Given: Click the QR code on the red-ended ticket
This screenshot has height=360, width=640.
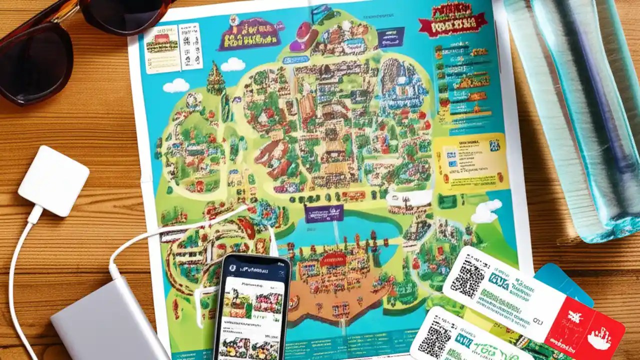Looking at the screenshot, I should (x=468, y=276).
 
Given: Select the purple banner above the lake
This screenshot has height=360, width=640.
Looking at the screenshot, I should (x=323, y=213).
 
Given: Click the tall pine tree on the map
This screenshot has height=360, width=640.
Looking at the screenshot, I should (x=216, y=80).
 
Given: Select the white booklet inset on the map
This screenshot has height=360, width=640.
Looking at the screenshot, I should (x=173, y=47).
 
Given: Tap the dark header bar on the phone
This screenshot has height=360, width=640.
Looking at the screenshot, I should (x=253, y=269).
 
